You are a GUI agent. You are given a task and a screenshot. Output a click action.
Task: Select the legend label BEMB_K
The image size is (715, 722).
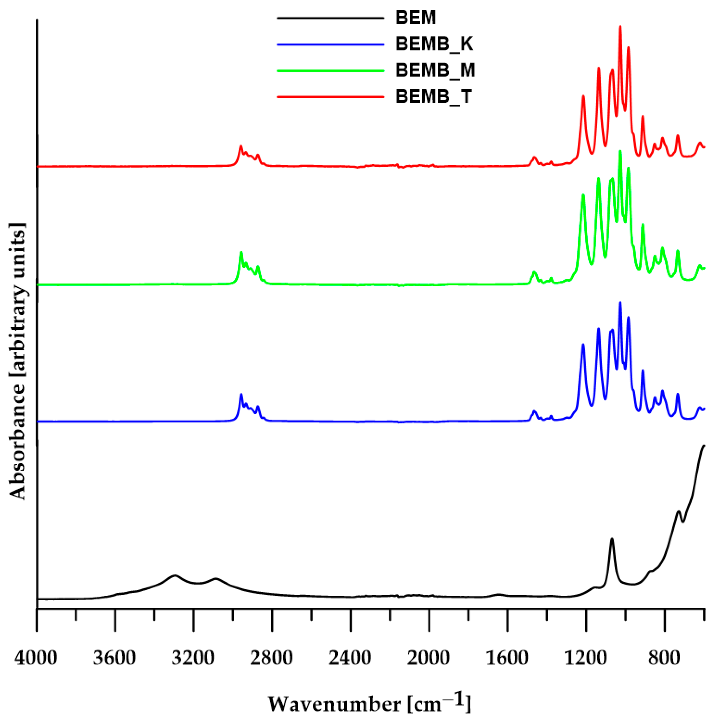pos(434,44)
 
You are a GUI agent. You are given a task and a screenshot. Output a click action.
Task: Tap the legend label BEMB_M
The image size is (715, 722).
pos(435,70)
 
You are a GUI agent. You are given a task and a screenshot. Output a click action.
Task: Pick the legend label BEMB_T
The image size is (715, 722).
pos(434,96)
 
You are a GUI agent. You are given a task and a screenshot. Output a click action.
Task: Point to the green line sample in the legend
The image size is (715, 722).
pos(330,71)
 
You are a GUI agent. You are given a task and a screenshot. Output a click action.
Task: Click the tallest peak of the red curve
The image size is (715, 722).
pos(620,27)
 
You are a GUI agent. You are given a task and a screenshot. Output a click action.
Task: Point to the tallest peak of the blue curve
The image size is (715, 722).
pos(620,303)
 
